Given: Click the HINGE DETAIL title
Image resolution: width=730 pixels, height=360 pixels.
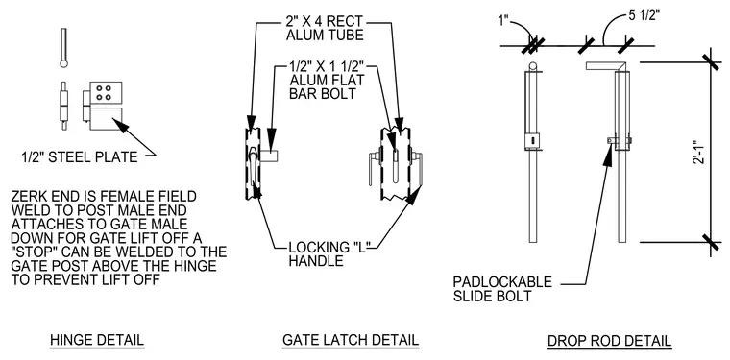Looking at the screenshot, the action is coord(97,340).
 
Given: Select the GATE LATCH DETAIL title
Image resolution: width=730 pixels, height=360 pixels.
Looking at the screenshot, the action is coord(351,340).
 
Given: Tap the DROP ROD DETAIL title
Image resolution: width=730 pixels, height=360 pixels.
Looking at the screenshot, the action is coord(609,341).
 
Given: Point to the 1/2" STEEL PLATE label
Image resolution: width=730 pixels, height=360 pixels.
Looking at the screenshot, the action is coord(80,157).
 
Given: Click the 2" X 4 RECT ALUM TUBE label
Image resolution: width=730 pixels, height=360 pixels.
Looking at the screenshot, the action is coord(325,29).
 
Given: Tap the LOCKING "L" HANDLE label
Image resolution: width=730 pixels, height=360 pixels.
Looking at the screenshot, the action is coord(326,253).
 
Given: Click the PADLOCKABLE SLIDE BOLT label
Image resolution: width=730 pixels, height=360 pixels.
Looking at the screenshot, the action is coord(502,288).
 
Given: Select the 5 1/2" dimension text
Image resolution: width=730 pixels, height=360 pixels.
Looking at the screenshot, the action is coord(644,15).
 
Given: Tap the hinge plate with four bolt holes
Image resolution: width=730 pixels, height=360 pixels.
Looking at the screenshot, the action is coord(107,92).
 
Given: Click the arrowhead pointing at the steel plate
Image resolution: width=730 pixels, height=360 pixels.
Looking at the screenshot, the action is coord(119,125).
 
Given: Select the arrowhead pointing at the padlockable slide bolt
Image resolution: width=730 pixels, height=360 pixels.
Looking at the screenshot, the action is coord(608,156).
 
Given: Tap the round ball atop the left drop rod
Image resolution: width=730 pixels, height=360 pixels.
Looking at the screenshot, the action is coord(533,66).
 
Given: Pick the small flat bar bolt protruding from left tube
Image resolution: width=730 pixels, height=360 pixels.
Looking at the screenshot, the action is coord(269,156).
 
